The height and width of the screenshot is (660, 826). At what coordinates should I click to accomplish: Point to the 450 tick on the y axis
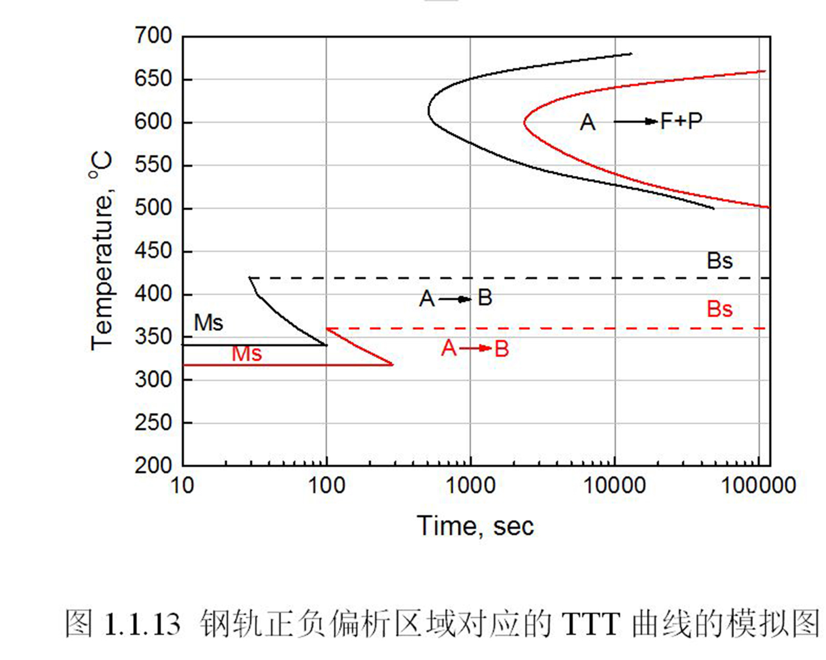[x=153, y=252]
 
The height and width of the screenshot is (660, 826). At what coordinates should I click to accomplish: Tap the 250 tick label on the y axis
[x=153, y=423]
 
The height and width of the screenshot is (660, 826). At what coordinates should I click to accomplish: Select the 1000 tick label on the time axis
[x=470, y=485]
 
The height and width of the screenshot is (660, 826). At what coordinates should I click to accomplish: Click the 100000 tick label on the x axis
[x=758, y=485]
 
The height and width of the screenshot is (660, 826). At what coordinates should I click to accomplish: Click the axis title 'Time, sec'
[x=475, y=526]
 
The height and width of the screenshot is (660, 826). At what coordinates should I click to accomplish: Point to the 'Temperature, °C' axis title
[x=102, y=251]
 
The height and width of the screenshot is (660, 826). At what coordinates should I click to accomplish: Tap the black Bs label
[x=719, y=261]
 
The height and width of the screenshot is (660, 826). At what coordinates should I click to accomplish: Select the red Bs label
[x=719, y=309]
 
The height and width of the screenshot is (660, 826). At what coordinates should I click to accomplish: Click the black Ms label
[x=208, y=323]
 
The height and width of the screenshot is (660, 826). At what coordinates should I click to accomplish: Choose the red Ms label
[x=247, y=354]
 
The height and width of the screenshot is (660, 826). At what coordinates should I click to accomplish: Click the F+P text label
[x=681, y=121]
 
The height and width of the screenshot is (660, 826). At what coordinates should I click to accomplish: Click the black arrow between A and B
[x=455, y=299]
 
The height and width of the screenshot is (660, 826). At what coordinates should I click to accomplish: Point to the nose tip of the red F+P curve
[x=524, y=122]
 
